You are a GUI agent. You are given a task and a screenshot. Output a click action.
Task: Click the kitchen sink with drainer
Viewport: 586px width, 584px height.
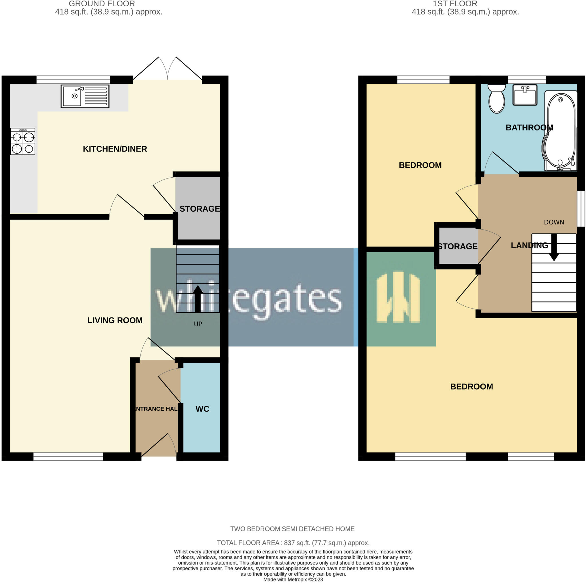tap(85, 96)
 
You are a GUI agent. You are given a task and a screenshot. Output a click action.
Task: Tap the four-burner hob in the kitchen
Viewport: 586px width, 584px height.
tap(23, 142)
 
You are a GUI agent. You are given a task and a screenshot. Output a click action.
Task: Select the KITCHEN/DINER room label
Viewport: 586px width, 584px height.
tap(115, 149)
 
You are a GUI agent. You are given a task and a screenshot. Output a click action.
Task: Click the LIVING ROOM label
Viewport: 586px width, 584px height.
tap(115, 320)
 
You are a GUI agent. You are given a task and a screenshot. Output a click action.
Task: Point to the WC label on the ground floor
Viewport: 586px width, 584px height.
tap(202, 409)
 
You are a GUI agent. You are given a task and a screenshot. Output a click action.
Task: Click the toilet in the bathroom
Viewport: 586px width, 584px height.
tap(496, 99)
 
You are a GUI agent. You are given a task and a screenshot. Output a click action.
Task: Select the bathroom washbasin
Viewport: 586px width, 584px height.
tap(525, 95)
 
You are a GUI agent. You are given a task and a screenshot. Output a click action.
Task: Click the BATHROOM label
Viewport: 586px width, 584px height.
tap(529, 128)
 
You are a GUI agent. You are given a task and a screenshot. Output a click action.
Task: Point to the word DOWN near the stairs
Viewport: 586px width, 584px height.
tap(554, 222)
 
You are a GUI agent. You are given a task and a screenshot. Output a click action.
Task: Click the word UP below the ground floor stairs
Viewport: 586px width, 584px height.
tap(198, 324)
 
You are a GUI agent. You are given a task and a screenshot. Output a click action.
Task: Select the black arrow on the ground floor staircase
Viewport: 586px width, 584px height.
tap(198, 298)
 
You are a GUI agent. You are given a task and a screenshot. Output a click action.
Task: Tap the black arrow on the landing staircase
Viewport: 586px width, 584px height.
tap(554, 248)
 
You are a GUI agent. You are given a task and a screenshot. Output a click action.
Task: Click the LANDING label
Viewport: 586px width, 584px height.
tap(529, 245)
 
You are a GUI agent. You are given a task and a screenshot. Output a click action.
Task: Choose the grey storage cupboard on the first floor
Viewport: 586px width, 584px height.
tap(458, 246)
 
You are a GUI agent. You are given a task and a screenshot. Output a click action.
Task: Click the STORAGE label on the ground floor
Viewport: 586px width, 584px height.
tap(200, 208)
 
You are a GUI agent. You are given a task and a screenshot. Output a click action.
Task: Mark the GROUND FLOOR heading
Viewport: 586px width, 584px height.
tap(102, 4)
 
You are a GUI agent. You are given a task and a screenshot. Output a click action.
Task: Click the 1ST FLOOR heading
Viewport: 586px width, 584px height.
tap(455, 4)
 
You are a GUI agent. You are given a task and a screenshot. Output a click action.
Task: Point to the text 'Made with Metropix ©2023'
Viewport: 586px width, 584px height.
tap(293, 579)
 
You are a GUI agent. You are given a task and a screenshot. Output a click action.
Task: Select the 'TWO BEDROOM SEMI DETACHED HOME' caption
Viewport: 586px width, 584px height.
tap(292, 529)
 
